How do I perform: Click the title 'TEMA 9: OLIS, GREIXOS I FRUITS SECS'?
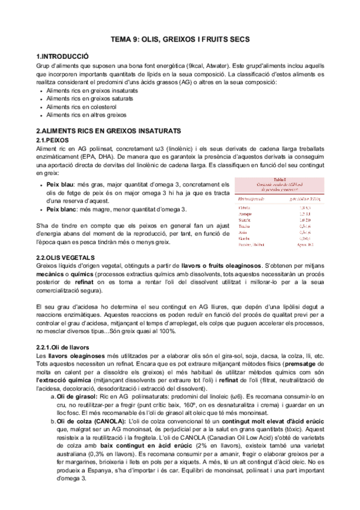point(180,39)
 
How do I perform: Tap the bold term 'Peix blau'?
point(61,184)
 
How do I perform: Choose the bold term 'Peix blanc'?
point(63,209)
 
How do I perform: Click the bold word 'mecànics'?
point(51,274)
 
